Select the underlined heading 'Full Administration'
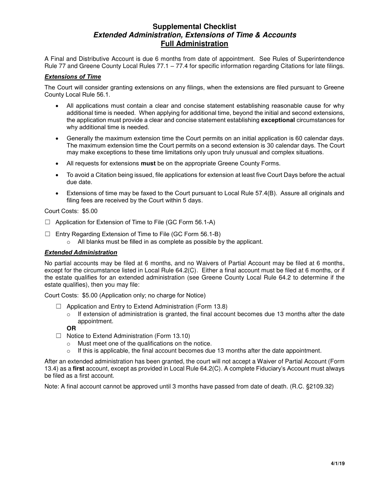tap(194, 44)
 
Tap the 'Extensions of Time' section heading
tap(73, 77)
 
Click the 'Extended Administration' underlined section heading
tap(81, 252)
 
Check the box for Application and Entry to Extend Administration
tap(59, 307)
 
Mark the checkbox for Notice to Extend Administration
tap(59, 336)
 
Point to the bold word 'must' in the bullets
tap(148, 163)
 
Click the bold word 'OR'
tap(71, 329)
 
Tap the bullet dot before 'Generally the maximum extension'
tap(58, 138)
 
